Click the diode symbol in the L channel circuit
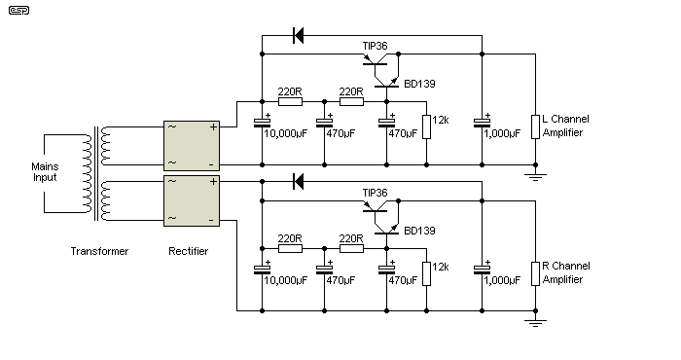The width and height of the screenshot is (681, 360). [299, 36]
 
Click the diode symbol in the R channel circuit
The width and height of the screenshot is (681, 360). [299, 181]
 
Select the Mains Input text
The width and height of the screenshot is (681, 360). [44, 172]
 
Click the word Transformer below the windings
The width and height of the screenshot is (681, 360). [99, 251]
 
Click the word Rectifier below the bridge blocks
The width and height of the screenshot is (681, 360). [188, 251]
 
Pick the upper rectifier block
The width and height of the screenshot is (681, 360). [192, 144]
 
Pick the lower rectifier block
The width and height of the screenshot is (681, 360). [192, 198]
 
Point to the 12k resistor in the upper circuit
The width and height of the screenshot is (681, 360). [425, 126]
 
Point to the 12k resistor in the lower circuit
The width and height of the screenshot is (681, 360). [425, 272]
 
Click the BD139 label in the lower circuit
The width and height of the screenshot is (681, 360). [417, 231]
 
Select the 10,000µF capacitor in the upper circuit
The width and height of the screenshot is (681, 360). [261, 124]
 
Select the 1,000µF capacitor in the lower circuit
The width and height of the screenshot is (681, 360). [481, 270]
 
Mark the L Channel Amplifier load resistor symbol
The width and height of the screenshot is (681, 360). [533, 126]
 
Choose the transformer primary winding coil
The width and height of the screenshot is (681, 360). [84, 172]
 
